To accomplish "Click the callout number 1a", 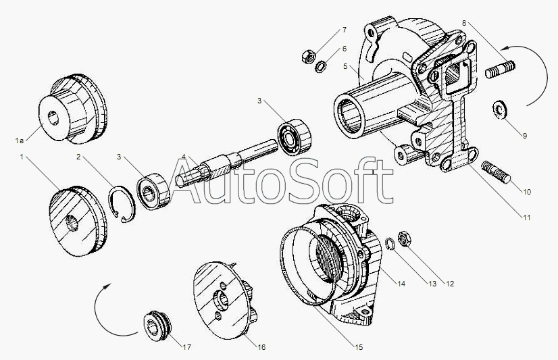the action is tap(20, 141).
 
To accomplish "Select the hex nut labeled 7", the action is tap(308, 56).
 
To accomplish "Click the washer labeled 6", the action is tap(322, 66).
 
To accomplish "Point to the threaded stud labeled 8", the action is tap(500, 70).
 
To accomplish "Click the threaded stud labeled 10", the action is tap(496, 172).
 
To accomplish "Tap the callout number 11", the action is tap(526, 217).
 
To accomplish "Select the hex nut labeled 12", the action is tap(405, 238).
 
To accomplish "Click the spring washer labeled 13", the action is tap(390, 244).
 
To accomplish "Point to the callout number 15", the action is tap(358, 347).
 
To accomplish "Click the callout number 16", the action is tap(261, 347).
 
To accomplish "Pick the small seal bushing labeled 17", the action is tap(157, 323).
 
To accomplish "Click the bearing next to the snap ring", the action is tap(153, 191).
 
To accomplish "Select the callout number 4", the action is tap(184, 157).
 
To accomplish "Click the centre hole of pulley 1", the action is tap(72, 223).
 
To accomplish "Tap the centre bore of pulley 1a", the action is tap(53, 118).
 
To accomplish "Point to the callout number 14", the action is tap(401, 284).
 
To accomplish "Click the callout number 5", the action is tap(345, 66).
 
